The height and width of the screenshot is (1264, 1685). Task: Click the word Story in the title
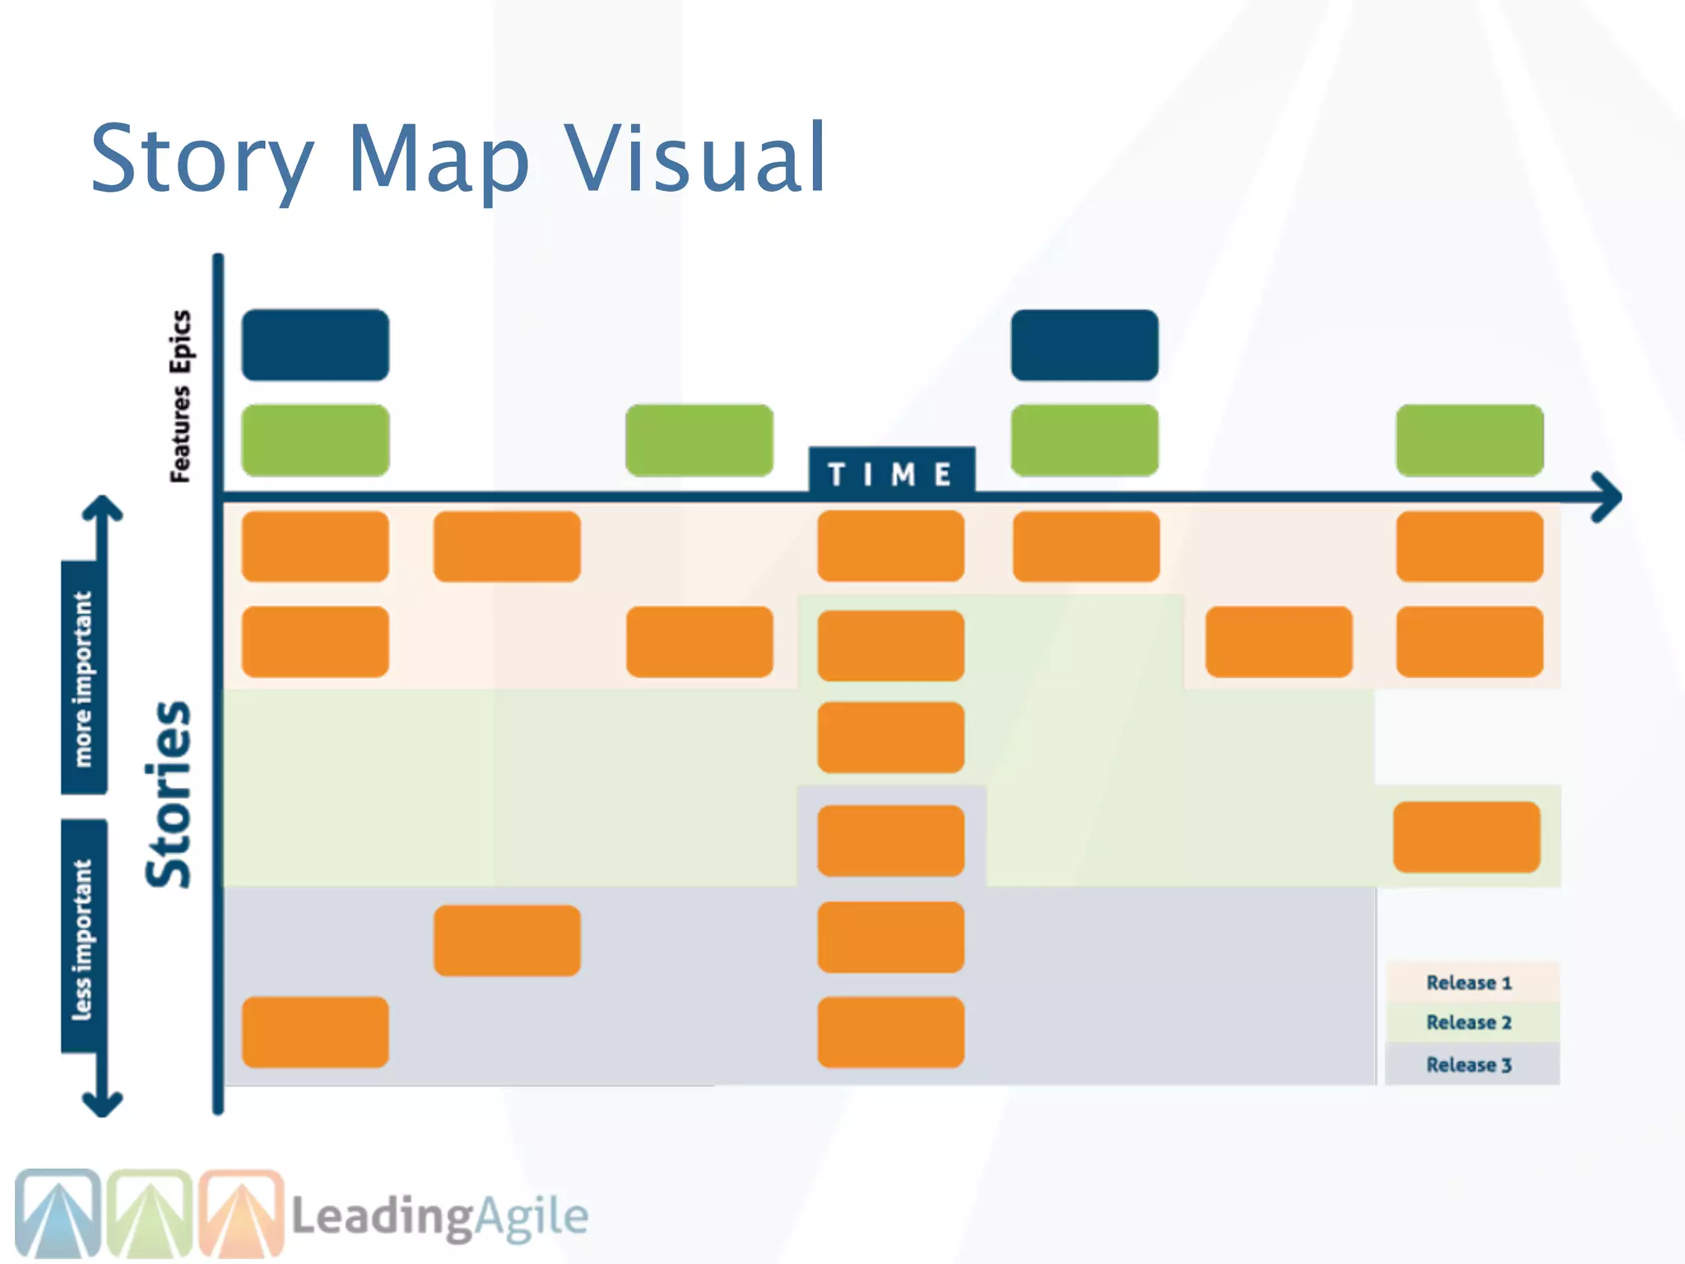pyautogui.click(x=202, y=158)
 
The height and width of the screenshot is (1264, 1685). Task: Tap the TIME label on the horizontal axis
pyautogui.click(x=891, y=473)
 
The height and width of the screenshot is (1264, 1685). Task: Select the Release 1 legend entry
pyautogui.click(x=1469, y=983)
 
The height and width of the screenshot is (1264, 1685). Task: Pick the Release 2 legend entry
pyautogui.click(x=1469, y=1022)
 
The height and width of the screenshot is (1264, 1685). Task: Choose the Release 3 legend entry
pyautogui.click(x=1469, y=1065)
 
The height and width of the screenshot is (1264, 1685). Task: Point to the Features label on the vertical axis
pyautogui.click(x=181, y=434)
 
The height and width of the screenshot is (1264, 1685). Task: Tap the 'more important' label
pyautogui.click(x=84, y=679)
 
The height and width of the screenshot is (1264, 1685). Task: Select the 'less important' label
pyautogui.click(x=84, y=938)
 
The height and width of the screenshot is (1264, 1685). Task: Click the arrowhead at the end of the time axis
pyautogui.click(x=1608, y=497)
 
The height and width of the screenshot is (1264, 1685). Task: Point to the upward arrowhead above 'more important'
pyautogui.click(x=102, y=509)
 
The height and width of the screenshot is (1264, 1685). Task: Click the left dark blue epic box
pyautogui.click(x=315, y=345)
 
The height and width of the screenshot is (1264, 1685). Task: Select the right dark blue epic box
pyautogui.click(x=1084, y=345)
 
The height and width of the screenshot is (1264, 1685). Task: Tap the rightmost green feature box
pyautogui.click(x=1469, y=440)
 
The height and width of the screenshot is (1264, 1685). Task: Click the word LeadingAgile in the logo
pyautogui.click(x=440, y=1216)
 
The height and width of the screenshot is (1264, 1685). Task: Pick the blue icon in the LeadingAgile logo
pyautogui.click(x=58, y=1214)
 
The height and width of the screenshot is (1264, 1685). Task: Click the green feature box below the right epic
pyautogui.click(x=1084, y=440)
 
